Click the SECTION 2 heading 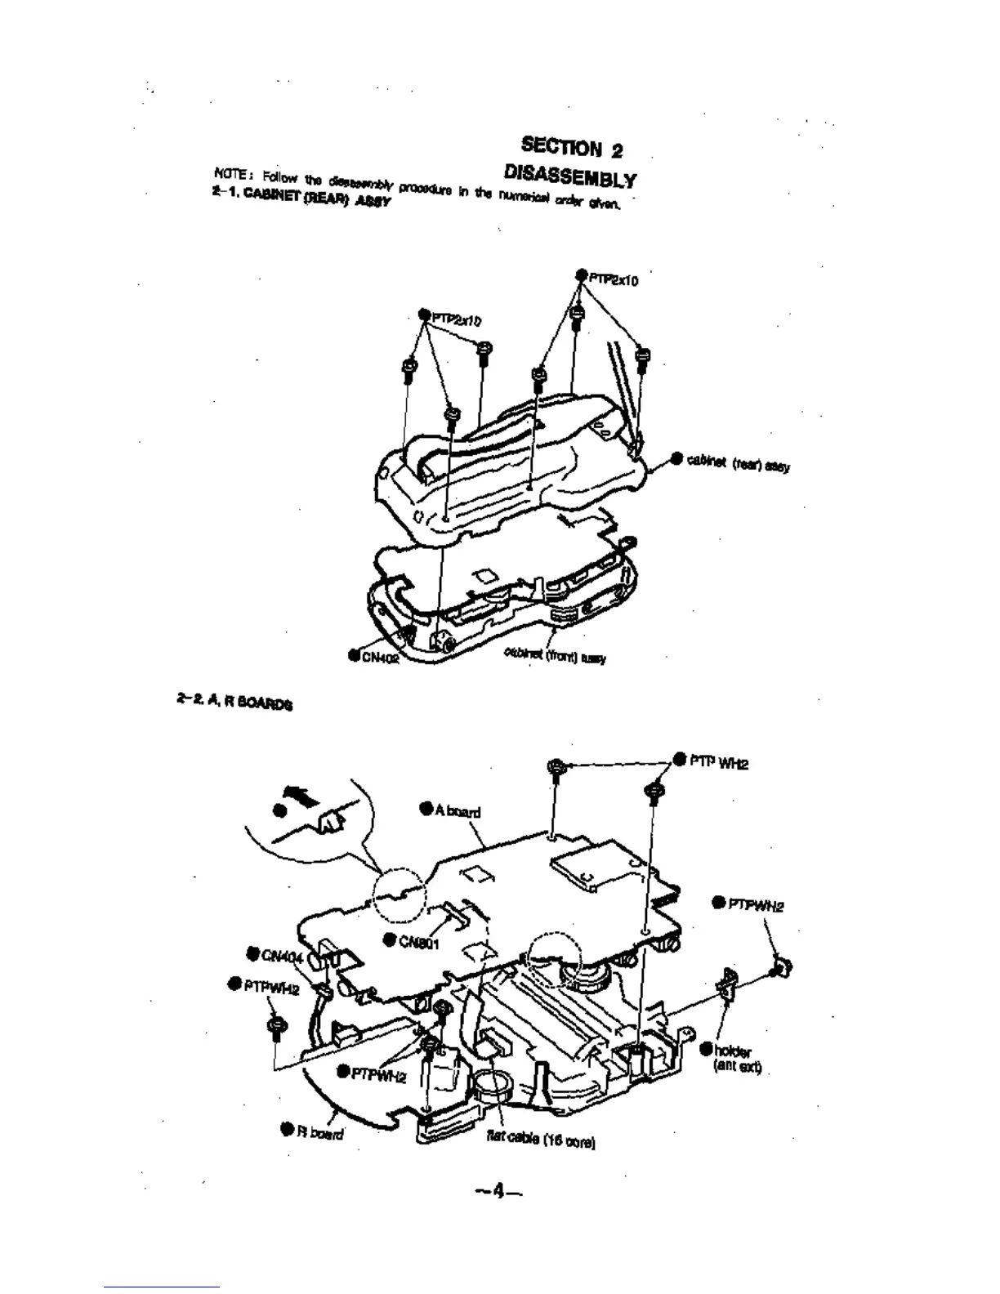coord(572,149)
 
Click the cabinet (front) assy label coord(555,655)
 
